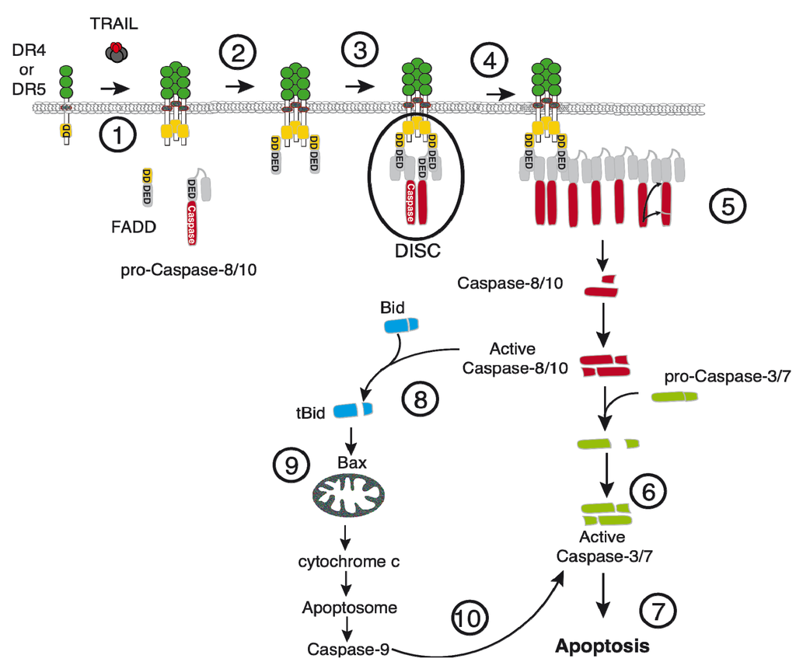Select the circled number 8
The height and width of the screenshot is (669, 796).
(x=420, y=400)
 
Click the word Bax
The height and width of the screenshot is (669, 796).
(x=351, y=463)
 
